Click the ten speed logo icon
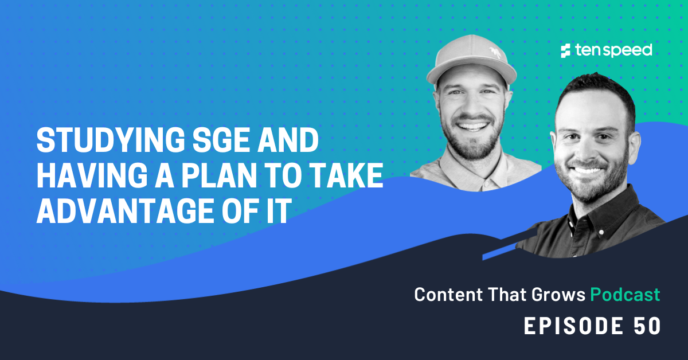[566, 51]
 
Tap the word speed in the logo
[628, 51]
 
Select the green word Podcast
[625, 295]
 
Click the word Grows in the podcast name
[554, 295]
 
